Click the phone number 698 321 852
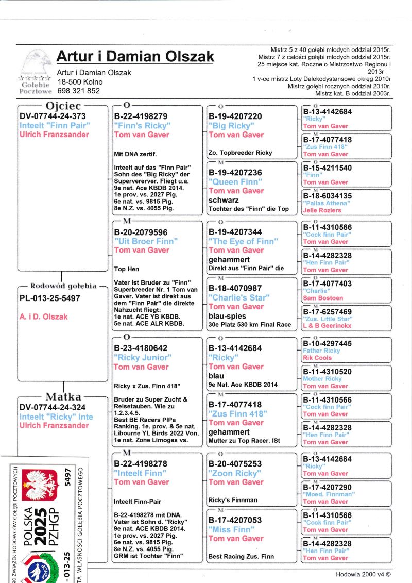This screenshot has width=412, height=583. pos(78,91)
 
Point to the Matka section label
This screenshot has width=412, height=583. pos(63,397)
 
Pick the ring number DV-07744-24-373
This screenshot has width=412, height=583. pos(53,116)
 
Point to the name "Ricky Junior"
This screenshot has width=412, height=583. pos(143,357)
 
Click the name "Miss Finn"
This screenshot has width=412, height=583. pos(231,529)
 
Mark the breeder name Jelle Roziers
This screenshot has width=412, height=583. pos(322,210)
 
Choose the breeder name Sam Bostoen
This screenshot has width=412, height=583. pos(323,298)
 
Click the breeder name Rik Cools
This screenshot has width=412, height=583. pos(317,358)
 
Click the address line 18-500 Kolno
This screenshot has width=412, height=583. pos(80,81)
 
